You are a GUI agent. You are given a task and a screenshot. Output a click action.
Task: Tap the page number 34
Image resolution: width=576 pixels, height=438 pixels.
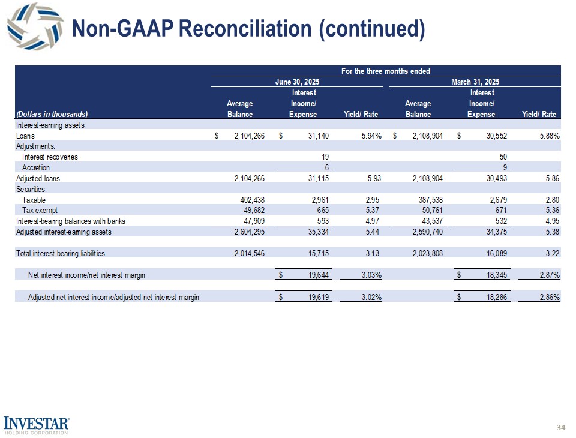tap(561, 427)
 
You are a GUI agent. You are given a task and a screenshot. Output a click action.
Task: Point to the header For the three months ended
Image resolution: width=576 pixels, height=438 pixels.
tap(385, 71)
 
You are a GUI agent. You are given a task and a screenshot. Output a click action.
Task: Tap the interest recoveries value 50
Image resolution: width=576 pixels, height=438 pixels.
tap(506, 157)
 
